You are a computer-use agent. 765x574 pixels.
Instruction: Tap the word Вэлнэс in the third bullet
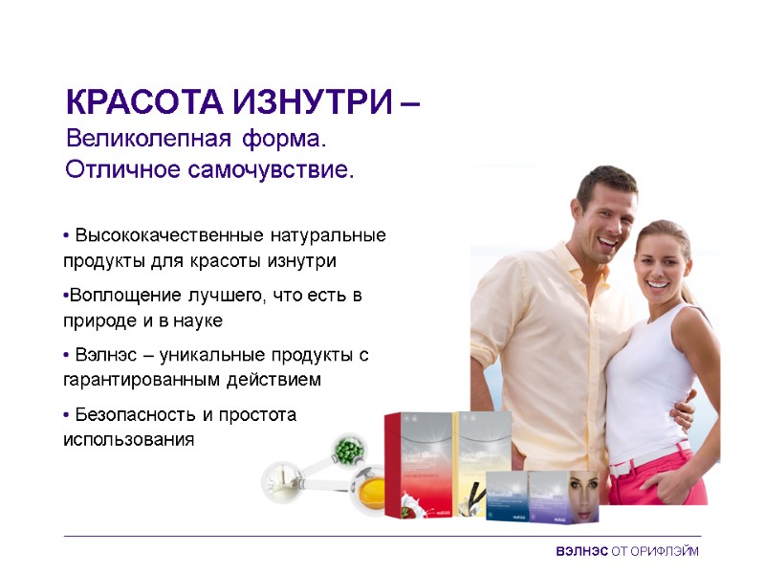coord(102,355)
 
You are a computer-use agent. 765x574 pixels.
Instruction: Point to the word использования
coord(128,440)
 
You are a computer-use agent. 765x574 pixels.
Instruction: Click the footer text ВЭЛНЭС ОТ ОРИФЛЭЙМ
coord(626,552)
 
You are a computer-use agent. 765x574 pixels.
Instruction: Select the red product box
coord(417,464)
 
